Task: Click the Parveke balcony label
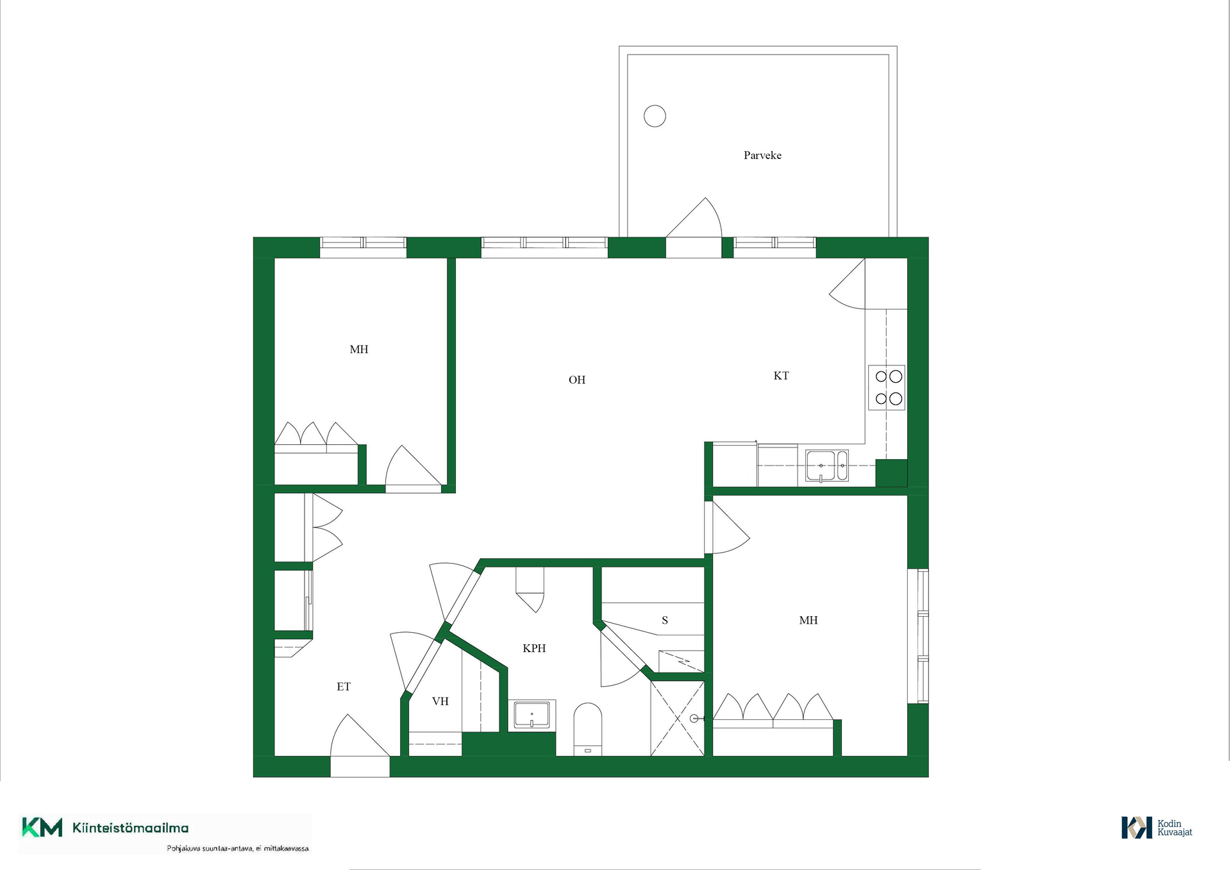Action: coord(762,155)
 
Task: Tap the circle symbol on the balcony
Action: coord(655,116)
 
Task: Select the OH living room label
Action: coord(577,380)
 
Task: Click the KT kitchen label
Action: coord(781,376)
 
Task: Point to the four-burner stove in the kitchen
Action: coord(887,387)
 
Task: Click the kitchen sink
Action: coord(827,465)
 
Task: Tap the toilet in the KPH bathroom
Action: coord(587,730)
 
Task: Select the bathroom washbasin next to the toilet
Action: coord(532,715)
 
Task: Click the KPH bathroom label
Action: coord(534,648)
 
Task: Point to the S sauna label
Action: coord(665,620)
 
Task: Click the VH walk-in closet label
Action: coord(440,701)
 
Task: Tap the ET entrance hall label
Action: coord(344,687)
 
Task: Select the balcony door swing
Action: coord(694,218)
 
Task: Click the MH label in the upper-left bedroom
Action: coord(359,349)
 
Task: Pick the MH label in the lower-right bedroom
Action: coord(808,620)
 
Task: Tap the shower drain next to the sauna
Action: coord(694,719)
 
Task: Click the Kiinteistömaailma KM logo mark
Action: coord(42,827)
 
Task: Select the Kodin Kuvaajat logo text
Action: coord(1175,828)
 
